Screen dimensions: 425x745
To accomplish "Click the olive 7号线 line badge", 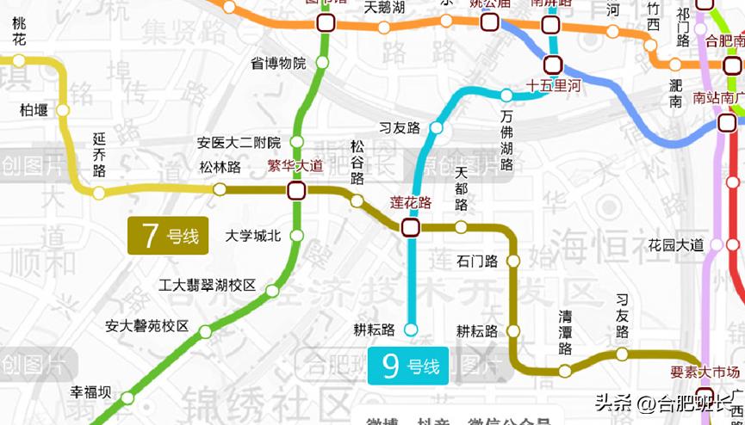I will (x=169, y=236).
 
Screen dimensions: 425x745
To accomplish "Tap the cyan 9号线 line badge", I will (x=409, y=366).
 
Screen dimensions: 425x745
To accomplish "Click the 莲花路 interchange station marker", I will (x=410, y=227).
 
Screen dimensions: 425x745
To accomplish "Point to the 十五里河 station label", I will (x=554, y=86).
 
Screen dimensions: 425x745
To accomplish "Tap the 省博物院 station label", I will (x=278, y=63).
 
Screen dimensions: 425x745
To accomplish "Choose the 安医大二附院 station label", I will (x=239, y=143).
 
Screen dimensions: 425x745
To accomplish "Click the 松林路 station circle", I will (x=220, y=189).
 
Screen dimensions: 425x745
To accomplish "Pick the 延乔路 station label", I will (x=100, y=156).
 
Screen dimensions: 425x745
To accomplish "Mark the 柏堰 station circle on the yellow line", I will (x=62, y=110).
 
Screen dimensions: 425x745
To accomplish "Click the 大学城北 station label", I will (x=252, y=236).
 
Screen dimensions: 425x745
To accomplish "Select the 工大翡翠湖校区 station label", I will (x=208, y=285).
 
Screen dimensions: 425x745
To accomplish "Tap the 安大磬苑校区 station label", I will (x=146, y=326).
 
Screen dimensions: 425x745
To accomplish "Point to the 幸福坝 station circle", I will (x=127, y=397).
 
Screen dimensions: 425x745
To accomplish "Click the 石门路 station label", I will (x=478, y=261).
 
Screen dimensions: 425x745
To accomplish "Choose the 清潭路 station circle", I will (x=565, y=372).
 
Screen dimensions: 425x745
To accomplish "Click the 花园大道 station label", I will (x=676, y=245).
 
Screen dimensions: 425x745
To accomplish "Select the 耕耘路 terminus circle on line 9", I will (x=411, y=329).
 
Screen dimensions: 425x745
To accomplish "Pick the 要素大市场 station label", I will (x=705, y=373).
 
